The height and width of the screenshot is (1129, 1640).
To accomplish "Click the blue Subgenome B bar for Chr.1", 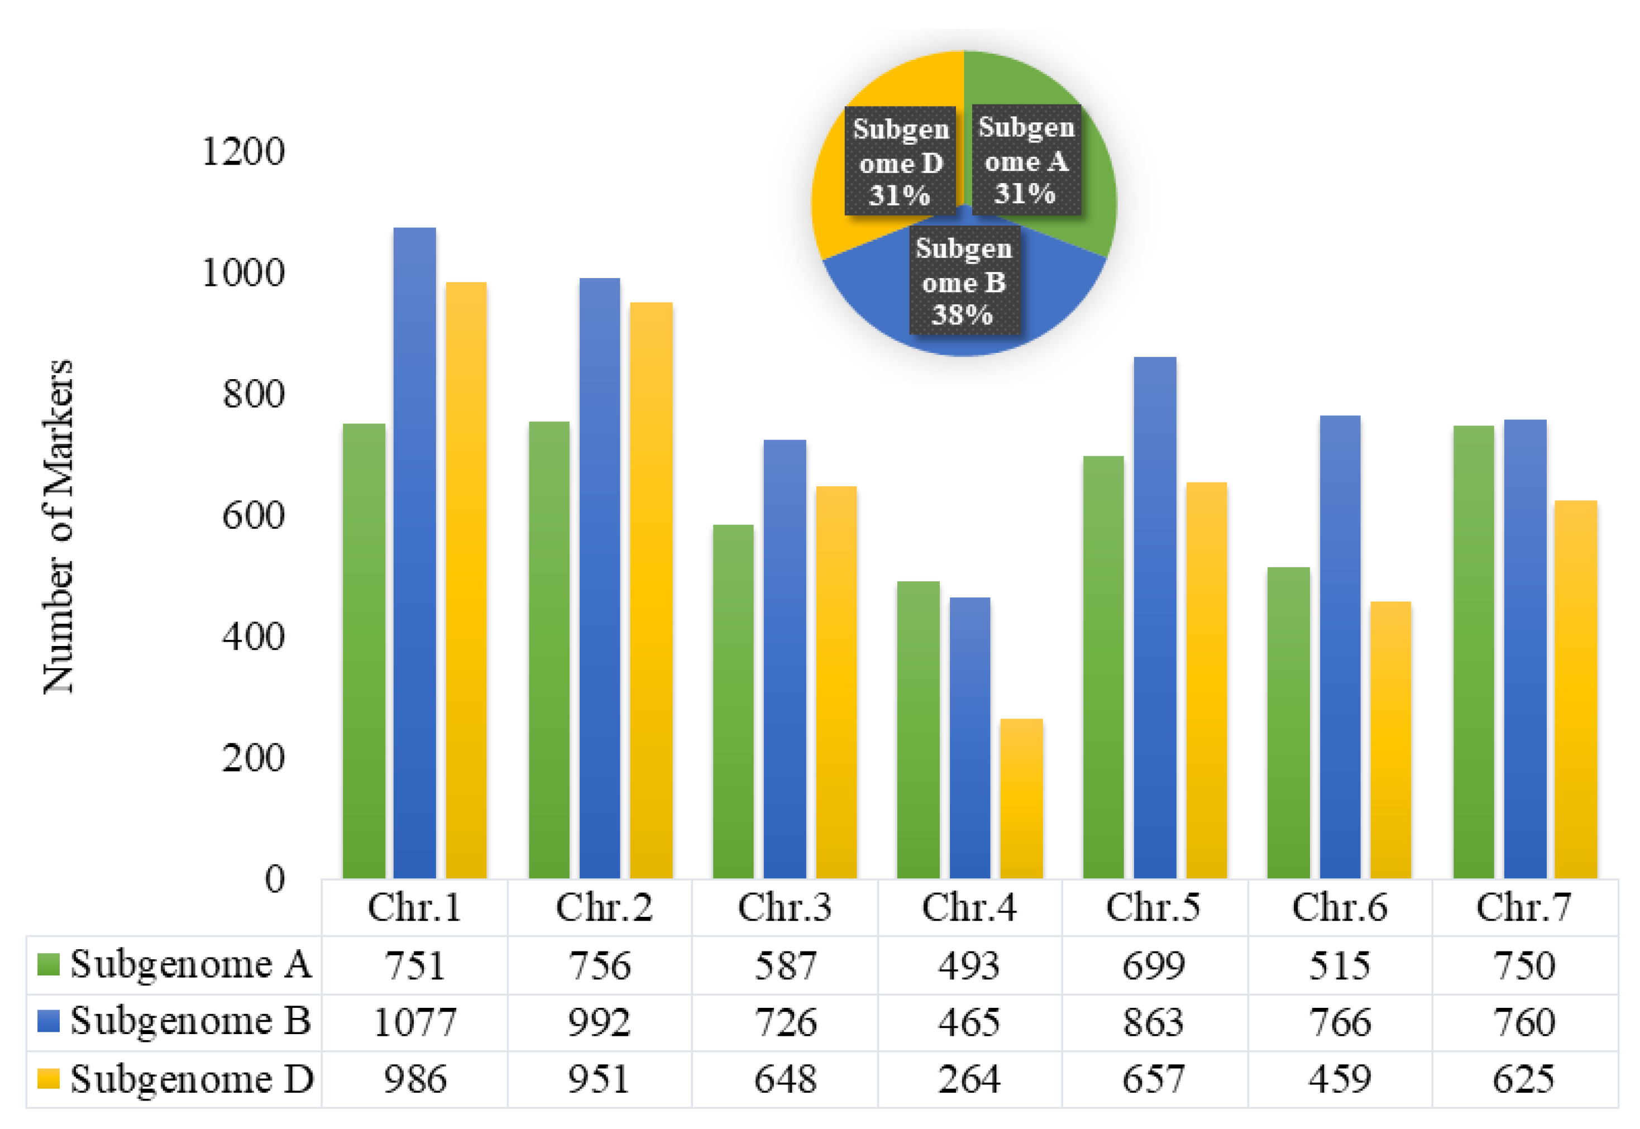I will (x=414, y=552).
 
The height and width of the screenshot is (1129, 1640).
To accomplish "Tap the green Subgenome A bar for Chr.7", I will (x=1473, y=651).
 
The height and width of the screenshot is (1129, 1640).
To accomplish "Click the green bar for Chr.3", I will (x=733, y=700).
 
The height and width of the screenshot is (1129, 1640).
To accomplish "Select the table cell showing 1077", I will (x=414, y=1022).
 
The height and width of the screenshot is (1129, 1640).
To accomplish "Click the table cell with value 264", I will (x=969, y=1079).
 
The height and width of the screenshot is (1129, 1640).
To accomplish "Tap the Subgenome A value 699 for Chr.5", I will (x=1153, y=965).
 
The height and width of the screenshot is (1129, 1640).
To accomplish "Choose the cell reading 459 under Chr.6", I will (x=1340, y=1079).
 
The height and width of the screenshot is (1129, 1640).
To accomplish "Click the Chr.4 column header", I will (x=969, y=907).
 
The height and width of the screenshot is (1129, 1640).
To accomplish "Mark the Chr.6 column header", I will (x=1340, y=907).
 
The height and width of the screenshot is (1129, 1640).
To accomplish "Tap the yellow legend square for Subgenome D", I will (x=48, y=1078).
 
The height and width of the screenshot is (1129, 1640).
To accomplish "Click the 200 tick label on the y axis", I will (x=252, y=758).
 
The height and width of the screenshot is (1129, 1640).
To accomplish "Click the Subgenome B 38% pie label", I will (x=964, y=281).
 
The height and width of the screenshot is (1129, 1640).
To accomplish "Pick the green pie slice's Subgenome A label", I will (x=1026, y=160).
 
